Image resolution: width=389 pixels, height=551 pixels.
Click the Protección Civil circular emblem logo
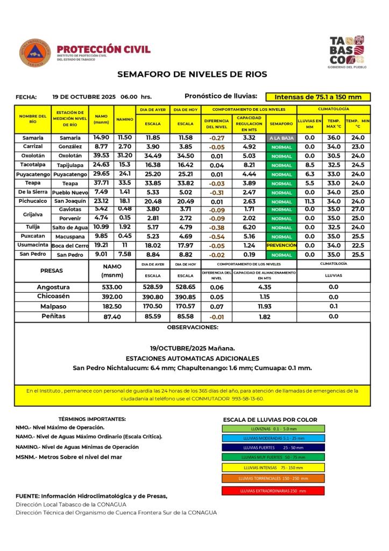35,53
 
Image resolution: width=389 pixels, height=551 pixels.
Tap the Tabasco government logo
346,52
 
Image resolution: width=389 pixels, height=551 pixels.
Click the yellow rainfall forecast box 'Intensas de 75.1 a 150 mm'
318,97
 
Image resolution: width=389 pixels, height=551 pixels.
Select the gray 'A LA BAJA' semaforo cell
281,138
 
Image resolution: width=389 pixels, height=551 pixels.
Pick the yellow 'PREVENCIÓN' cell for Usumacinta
281,245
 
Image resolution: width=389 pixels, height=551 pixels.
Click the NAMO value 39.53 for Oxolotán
101,156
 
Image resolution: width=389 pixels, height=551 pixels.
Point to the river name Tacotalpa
32,165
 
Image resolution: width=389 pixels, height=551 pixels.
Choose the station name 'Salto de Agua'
70,228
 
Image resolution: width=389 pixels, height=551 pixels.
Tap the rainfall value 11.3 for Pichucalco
309,201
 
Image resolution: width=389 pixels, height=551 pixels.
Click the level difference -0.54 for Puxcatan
217,237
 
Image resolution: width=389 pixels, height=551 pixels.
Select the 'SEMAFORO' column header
281,124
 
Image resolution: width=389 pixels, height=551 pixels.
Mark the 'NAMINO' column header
125,119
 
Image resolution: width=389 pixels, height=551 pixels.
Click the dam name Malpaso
53,306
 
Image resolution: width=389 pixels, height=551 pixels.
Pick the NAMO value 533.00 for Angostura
112,287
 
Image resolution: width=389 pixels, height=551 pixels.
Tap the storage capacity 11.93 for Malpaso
264,306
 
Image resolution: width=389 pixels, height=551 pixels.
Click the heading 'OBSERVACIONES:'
193,327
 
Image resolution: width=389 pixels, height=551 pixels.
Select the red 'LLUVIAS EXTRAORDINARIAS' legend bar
273,491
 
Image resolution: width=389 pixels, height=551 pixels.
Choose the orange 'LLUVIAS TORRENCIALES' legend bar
273,478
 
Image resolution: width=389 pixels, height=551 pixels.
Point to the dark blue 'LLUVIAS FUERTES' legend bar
273,447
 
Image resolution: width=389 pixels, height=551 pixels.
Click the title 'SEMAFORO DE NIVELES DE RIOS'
193,74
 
